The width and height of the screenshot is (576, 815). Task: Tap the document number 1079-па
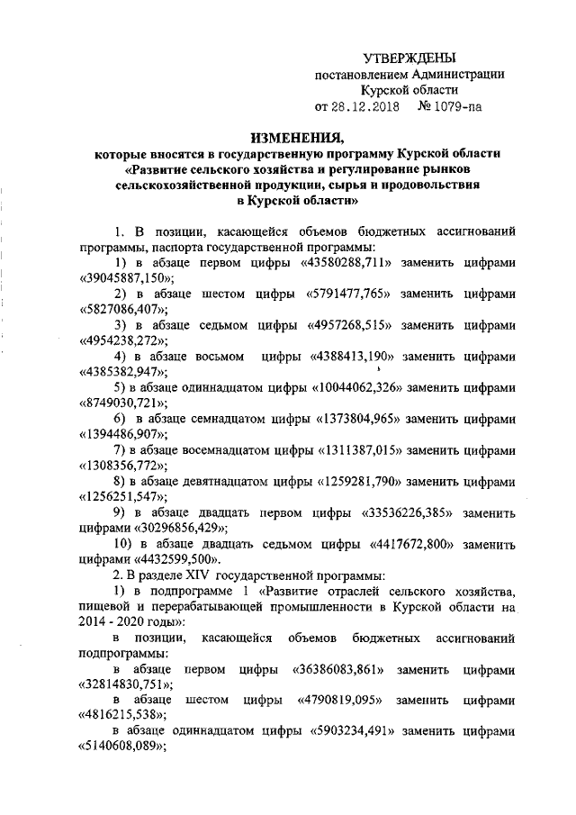[x=459, y=107]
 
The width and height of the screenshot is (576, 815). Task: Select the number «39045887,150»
[x=125, y=278]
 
